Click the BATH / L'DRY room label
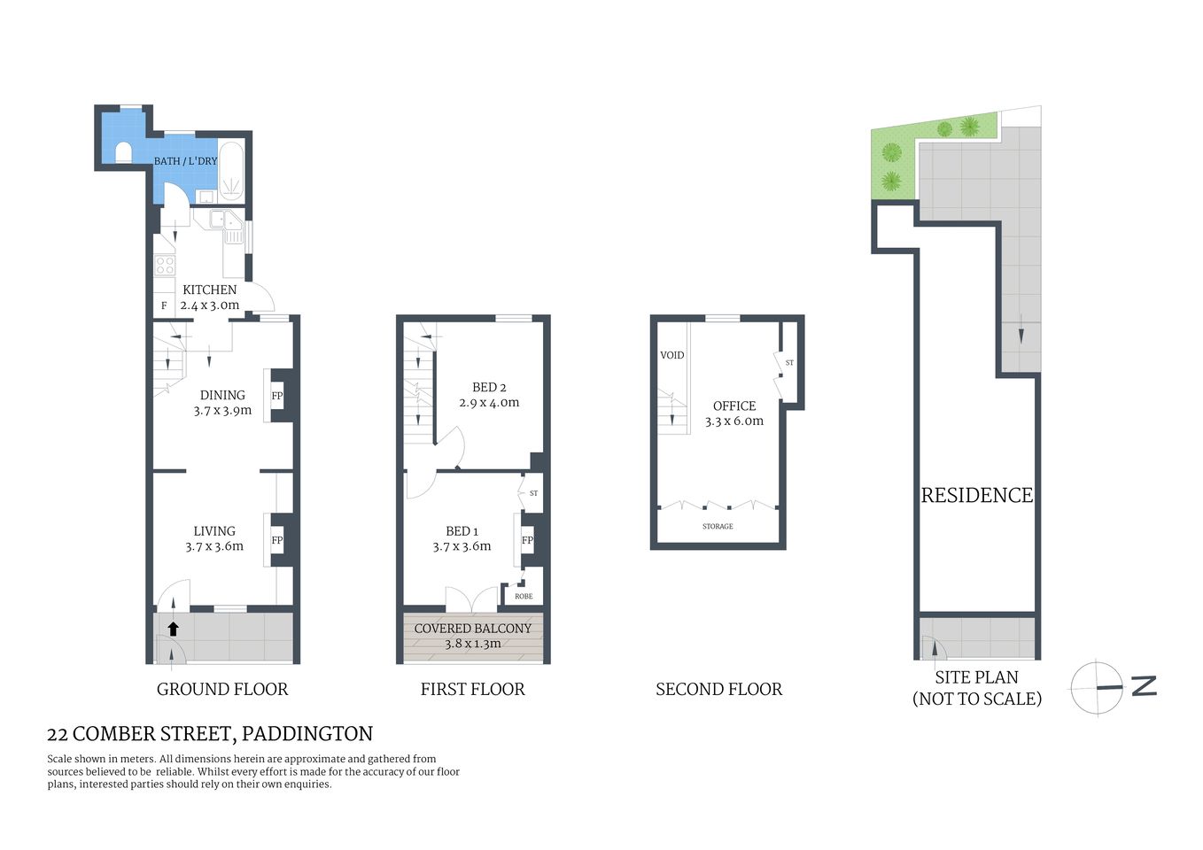185,161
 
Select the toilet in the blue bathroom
122,152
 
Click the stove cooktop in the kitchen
164,264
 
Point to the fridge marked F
164,306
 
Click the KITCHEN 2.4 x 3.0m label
210,297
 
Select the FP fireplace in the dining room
277,396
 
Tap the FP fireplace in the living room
277,540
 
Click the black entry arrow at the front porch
174,629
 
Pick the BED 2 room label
489,395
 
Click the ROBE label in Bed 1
524,596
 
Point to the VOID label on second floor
672,355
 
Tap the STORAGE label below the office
718,527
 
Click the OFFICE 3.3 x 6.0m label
734,413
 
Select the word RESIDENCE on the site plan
977,496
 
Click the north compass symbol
1098,687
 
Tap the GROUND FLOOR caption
222,689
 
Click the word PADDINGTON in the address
307,734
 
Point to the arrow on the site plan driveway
1021,333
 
